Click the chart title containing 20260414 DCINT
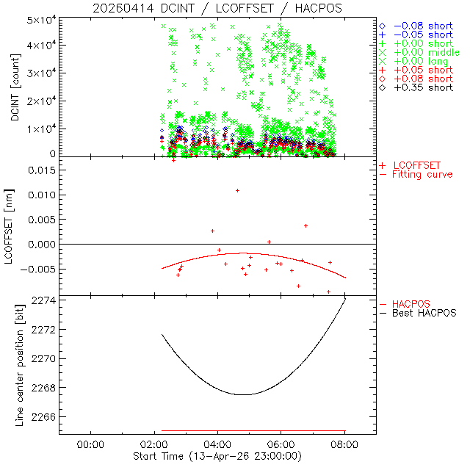click(x=217, y=8)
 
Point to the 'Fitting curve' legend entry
click(x=422, y=175)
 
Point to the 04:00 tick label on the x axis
click(x=217, y=445)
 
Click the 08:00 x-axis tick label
click(x=344, y=445)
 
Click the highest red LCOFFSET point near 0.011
click(x=237, y=190)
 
